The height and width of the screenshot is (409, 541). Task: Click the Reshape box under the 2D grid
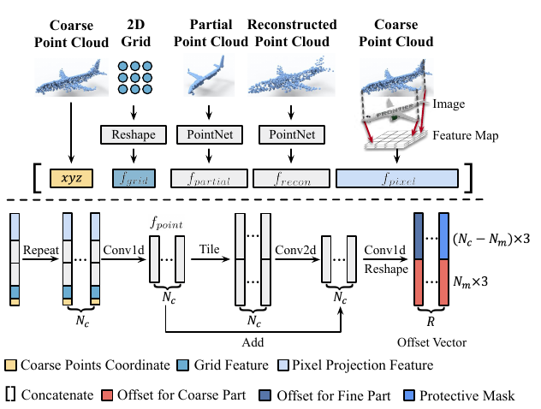pyautogui.click(x=133, y=134)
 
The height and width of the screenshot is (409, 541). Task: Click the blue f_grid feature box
pyautogui.click(x=134, y=178)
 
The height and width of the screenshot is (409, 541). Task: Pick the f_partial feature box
pyautogui.click(x=209, y=178)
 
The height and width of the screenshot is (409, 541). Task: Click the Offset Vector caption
pyautogui.click(x=433, y=341)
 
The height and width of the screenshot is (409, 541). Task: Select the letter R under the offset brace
pyautogui.click(x=433, y=324)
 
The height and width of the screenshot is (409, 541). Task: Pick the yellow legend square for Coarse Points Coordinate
pyautogui.click(x=11, y=366)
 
